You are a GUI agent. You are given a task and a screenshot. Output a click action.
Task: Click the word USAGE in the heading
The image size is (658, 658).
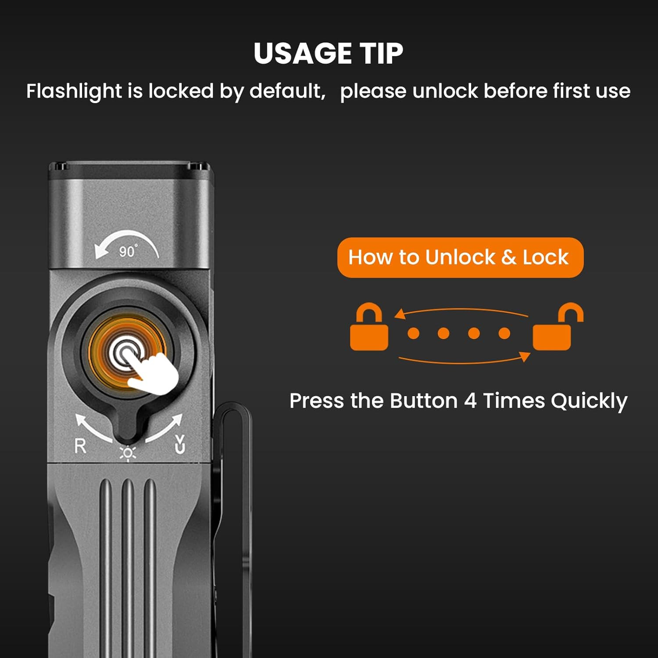303,54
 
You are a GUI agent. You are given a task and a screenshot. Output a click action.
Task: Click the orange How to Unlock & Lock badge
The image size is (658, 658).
460,257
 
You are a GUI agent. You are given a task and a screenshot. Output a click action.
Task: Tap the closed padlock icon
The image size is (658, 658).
369,327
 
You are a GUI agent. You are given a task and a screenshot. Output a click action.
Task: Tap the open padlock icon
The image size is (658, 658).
558,327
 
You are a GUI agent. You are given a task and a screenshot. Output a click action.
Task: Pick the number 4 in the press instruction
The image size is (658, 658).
470,401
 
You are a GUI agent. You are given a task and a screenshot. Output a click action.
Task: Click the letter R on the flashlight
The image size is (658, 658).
80,446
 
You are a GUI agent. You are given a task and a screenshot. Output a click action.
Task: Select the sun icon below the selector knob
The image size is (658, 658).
128,454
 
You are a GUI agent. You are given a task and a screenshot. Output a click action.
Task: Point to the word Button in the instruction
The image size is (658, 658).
424,401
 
